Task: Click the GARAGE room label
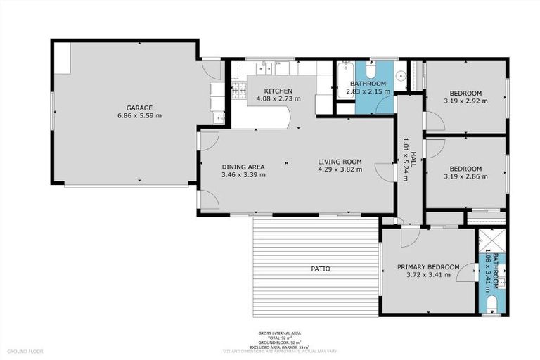click(x=139, y=108)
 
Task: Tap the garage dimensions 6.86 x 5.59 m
click(x=139, y=115)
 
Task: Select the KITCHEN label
click(x=278, y=91)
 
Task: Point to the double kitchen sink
click(x=266, y=68)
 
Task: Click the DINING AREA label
click(x=243, y=167)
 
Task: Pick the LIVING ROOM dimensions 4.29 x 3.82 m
click(x=340, y=169)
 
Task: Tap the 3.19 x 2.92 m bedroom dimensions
click(x=465, y=101)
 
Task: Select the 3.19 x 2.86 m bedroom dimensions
click(x=465, y=176)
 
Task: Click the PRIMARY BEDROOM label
click(x=428, y=267)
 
